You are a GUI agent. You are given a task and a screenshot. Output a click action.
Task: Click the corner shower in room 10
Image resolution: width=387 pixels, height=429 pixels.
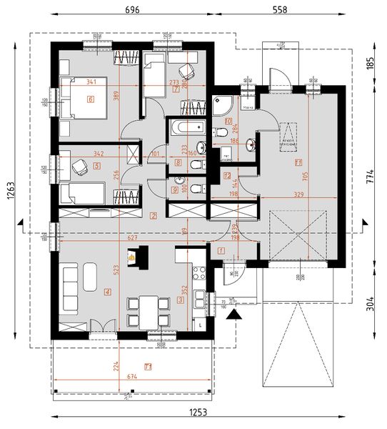point(223,105)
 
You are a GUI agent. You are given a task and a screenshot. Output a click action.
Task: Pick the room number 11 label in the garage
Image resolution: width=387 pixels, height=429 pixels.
point(298,162)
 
